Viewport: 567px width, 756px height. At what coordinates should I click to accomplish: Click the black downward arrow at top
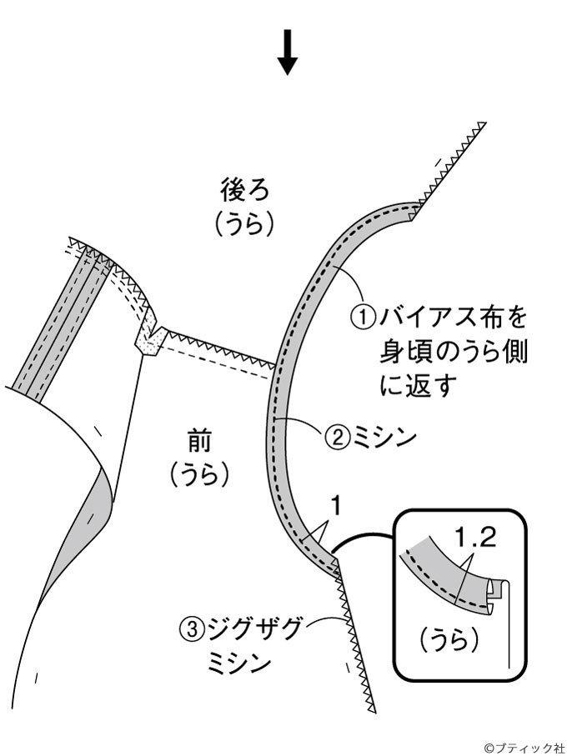coord(288,53)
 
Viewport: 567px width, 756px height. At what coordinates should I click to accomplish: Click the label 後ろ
coord(244,190)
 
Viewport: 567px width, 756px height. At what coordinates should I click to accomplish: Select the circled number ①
coord(363,318)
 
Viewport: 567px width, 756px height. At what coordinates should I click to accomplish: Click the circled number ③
coord(192,628)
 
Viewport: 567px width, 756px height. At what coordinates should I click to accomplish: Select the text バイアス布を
coord(452,318)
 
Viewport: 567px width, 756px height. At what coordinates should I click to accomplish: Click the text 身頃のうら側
coord(454,353)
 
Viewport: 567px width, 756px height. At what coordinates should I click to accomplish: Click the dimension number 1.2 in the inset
coord(475,538)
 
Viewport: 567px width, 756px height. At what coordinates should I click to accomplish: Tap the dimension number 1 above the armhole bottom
coord(336,507)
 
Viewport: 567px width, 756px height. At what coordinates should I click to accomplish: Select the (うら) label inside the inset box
coord(449,641)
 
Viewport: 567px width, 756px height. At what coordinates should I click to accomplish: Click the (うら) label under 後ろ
coord(244,224)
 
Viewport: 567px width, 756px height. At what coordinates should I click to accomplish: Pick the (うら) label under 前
coord(198,474)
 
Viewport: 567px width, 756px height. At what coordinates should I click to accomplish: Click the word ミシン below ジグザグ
coord(239,663)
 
